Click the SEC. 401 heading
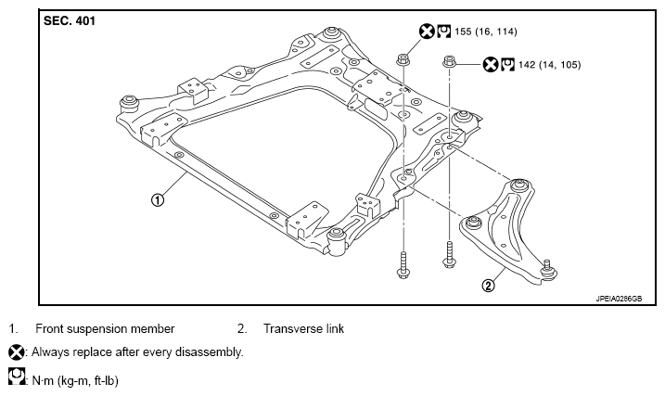70,20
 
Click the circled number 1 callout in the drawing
158,199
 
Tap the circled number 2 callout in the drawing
489,286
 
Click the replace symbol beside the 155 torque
427,32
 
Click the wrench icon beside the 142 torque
507,64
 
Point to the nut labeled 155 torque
403,59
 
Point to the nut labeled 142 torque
449,61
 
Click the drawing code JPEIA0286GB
619,299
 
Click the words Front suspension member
105,328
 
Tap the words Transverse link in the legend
303,328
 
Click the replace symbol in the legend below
16,352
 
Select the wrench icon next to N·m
17,377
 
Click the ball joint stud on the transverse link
548,270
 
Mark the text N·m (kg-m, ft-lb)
75,380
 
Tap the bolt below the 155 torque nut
403,265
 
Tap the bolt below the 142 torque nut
449,254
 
